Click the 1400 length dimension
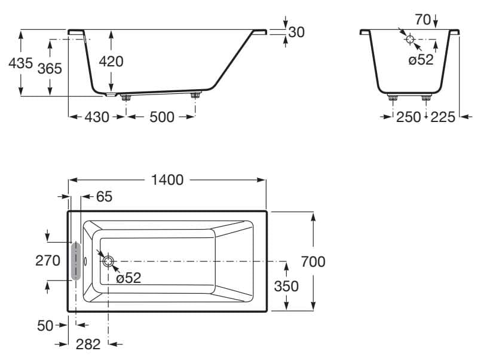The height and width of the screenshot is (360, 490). [x=167, y=180]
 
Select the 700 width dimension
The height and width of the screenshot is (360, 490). [x=313, y=261]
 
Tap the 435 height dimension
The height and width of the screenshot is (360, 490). [x=20, y=63]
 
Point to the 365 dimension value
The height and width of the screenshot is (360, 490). [x=50, y=68]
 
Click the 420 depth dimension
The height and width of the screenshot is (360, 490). [x=112, y=61]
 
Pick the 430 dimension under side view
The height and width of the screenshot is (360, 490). [x=96, y=117]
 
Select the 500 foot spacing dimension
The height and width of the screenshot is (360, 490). [x=161, y=117]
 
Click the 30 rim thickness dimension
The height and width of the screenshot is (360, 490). [x=296, y=32]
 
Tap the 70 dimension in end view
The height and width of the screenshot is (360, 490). [x=422, y=20]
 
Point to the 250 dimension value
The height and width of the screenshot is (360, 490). [x=409, y=117]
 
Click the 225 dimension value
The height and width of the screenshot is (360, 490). [x=443, y=117]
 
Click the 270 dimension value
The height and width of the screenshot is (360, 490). [x=48, y=261]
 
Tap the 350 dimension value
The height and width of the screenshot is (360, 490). [x=286, y=286]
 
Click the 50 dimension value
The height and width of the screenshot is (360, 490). [x=45, y=325]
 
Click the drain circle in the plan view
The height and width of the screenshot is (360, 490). [x=108, y=261]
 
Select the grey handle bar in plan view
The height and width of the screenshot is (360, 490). [x=76, y=261]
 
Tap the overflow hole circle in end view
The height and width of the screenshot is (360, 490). [x=410, y=39]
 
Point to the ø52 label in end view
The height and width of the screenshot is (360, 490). [x=421, y=60]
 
